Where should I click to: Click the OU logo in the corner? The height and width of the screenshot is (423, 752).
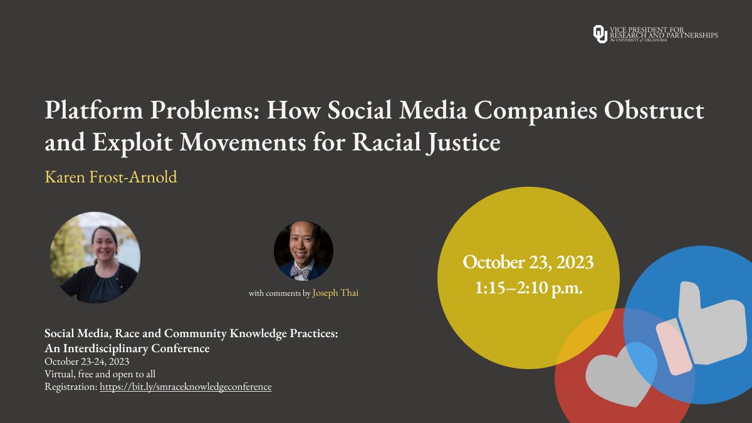click(x=600, y=34)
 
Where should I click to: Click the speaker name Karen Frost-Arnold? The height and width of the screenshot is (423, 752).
click(x=111, y=177)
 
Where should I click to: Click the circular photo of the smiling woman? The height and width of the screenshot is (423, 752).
click(x=95, y=258)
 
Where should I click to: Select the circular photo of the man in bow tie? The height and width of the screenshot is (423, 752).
click(x=303, y=251)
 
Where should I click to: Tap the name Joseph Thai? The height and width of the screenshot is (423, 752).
click(x=335, y=293)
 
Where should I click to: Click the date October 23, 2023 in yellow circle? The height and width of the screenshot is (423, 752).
click(x=528, y=262)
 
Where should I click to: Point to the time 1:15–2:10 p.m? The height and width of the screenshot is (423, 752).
click(x=528, y=290)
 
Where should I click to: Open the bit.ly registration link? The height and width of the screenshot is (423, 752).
click(x=185, y=387)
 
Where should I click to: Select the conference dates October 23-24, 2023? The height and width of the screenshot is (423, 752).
click(x=87, y=362)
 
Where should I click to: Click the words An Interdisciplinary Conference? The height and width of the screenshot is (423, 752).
click(x=127, y=348)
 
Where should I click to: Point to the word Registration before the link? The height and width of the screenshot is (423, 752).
click(x=71, y=387)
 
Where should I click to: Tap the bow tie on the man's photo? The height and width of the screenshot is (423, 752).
click(x=300, y=271)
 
